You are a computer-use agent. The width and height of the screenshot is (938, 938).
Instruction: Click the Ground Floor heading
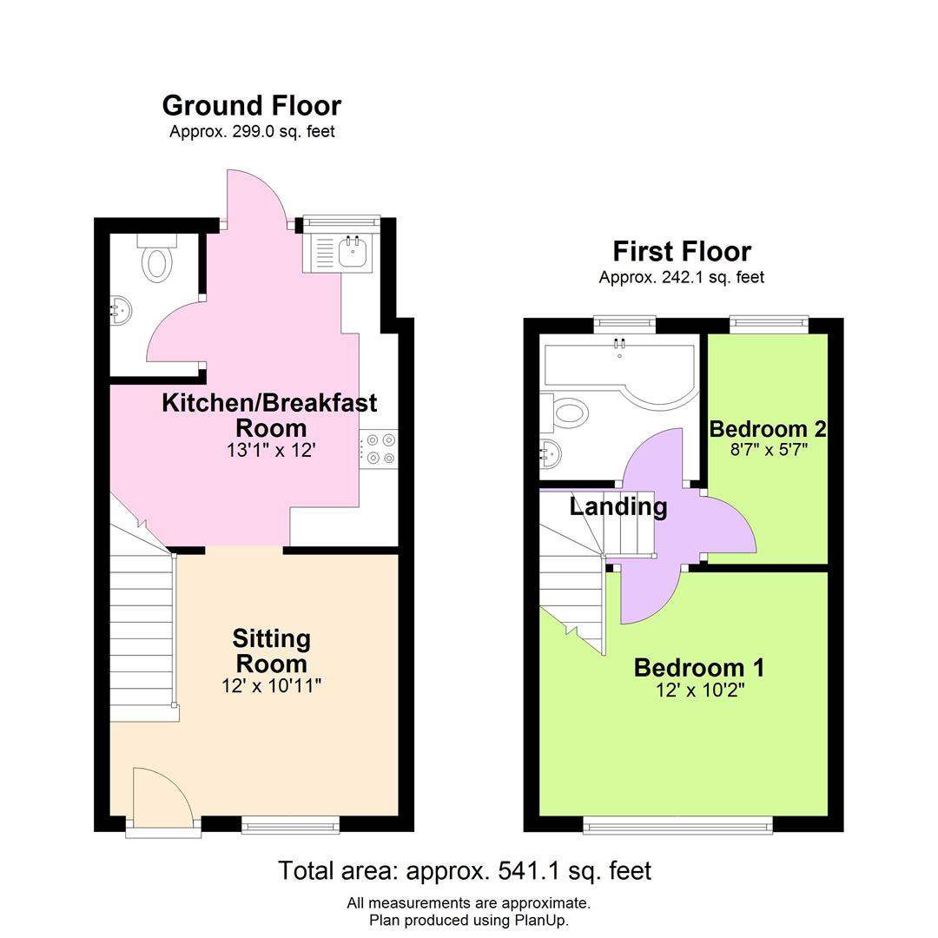click(x=252, y=106)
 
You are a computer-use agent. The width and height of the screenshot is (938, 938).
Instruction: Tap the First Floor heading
click(x=682, y=252)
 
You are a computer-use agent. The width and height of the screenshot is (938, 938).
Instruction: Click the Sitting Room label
click(x=271, y=651)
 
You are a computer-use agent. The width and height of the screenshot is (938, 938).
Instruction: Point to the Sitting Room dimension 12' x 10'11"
click(x=271, y=686)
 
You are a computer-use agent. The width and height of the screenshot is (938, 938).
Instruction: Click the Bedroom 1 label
click(x=699, y=668)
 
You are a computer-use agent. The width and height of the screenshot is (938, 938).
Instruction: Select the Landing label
click(x=618, y=506)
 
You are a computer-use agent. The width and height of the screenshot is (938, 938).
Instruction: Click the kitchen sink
click(x=353, y=252)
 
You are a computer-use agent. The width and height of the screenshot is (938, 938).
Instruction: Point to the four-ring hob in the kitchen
click(x=380, y=449)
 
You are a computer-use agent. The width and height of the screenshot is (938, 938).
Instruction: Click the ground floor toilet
click(x=156, y=260)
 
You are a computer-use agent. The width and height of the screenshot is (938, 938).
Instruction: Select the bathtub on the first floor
click(x=618, y=369)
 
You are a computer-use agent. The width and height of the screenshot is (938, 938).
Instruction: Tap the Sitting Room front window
click(x=290, y=825)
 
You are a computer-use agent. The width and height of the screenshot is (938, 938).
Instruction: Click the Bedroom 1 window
click(x=677, y=825)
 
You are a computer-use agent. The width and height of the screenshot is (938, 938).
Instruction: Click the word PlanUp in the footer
click(x=540, y=921)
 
